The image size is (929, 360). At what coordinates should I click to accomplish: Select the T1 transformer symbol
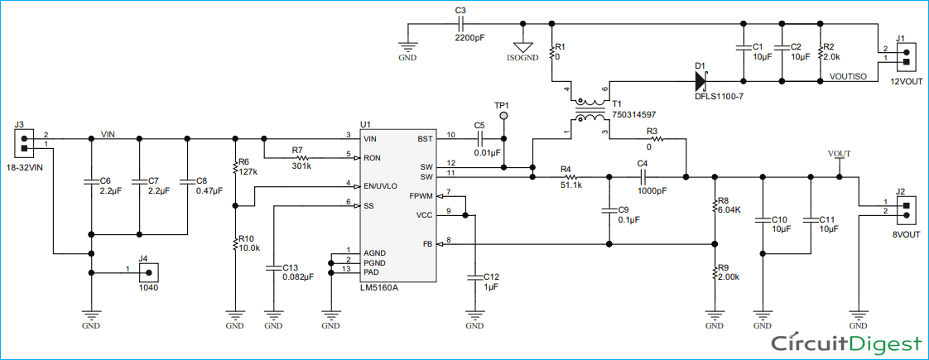(590, 109)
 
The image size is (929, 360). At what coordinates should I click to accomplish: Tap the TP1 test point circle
(503, 116)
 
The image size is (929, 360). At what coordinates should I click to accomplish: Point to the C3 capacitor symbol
(460, 24)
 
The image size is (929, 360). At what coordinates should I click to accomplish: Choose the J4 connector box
(149, 273)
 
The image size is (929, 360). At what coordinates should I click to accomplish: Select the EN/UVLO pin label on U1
(380, 186)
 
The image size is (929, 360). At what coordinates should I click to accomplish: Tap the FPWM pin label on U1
(420, 196)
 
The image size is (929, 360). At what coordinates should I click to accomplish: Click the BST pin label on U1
(424, 138)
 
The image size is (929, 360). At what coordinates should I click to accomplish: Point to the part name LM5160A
(380, 288)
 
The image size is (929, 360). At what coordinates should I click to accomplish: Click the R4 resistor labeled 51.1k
(570, 177)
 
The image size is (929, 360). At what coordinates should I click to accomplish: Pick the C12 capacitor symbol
(474, 277)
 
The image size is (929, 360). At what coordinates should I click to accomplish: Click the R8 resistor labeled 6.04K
(715, 206)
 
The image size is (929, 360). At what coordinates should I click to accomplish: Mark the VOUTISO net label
(849, 76)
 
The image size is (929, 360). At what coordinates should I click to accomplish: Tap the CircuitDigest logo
(847, 344)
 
